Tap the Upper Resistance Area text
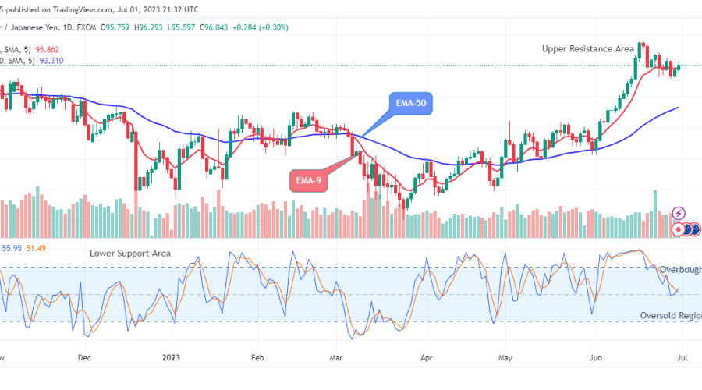(588, 48)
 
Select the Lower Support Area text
(130, 253)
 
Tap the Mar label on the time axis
(336, 359)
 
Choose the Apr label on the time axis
(426, 359)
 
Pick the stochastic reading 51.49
(36, 248)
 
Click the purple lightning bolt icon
(678, 212)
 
